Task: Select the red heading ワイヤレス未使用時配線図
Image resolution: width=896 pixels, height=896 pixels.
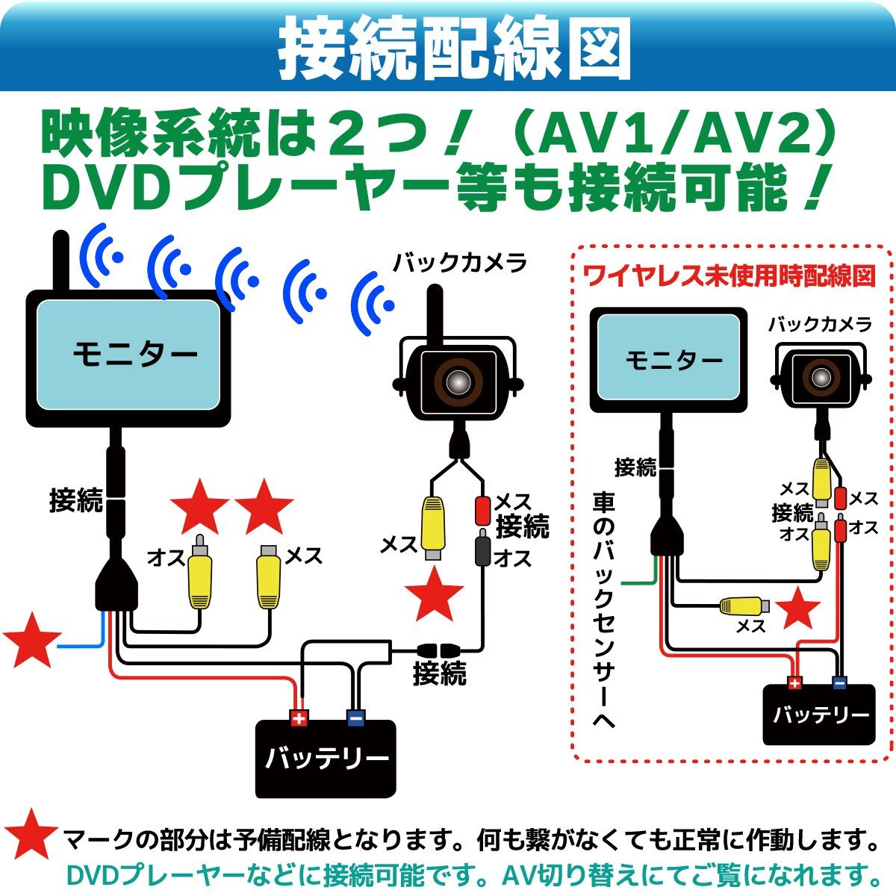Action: click(728, 276)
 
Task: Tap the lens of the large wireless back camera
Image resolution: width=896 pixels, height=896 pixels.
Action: click(457, 381)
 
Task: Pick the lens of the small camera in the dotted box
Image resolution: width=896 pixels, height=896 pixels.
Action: click(822, 377)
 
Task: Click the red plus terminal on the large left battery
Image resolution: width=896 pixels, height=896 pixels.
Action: click(299, 718)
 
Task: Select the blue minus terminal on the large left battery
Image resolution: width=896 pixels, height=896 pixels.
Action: click(355, 718)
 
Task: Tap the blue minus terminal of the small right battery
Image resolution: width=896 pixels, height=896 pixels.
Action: click(840, 682)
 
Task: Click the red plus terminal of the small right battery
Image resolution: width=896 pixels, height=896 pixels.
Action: click(794, 682)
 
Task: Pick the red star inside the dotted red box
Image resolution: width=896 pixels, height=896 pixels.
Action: click(798, 609)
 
